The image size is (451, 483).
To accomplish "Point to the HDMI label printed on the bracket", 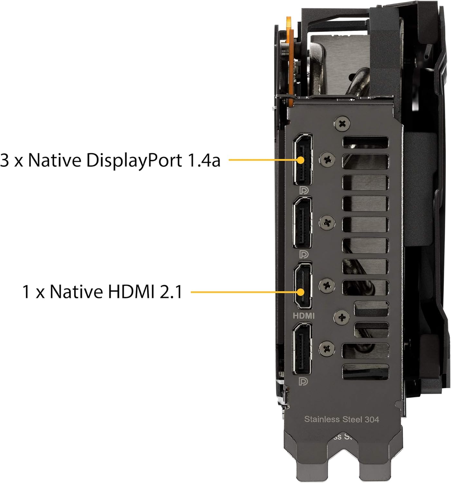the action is pos(303,316).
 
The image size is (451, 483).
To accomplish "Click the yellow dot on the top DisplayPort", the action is pos(301,160).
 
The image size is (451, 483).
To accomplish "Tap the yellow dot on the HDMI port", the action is pos(301,292).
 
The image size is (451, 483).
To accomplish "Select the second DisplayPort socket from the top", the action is pos(302,223).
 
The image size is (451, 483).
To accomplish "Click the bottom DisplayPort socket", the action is pos(302,349).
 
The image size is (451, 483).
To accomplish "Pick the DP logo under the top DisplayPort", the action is pos(304,190).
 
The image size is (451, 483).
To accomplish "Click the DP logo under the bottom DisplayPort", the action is pos(303,381).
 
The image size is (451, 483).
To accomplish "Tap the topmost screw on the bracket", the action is pos(342,124).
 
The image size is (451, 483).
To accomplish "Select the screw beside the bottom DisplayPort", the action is pos(327,349).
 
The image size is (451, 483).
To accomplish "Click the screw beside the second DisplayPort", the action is pos(327,222).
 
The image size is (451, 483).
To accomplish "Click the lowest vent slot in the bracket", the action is pos(365,372).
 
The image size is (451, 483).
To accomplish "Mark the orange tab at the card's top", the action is pos(290,61).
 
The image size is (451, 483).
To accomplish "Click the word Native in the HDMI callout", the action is pos(76,292).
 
